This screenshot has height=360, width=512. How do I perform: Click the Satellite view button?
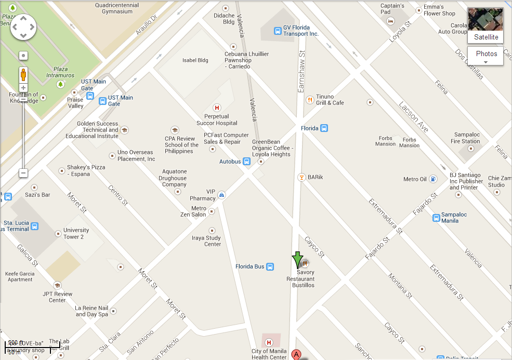[485, 25]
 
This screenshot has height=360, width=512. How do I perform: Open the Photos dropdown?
[486, 56]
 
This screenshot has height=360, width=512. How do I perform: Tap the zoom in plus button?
[23, 88]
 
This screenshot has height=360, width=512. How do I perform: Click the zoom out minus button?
[23, 172]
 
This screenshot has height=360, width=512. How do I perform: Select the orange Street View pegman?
[23, 74]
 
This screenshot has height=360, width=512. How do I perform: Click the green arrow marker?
[297, 259]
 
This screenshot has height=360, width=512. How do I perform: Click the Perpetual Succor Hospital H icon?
[217, 108]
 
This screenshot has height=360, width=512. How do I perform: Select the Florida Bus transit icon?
[270, 266]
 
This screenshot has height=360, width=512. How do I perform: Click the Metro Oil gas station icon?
[433, 179]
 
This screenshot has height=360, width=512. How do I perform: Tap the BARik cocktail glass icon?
[301, 177]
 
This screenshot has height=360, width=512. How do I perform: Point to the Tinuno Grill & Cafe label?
[330, 100]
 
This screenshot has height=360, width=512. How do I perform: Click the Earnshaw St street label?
[301, 72]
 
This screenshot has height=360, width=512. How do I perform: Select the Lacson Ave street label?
[414, 117]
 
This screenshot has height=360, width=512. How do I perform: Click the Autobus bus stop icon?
[247, 162]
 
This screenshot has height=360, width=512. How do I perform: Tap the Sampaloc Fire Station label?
[465, 138]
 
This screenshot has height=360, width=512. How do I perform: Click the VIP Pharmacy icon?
[222, 194]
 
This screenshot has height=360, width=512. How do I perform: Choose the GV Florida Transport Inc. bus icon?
[278, 31]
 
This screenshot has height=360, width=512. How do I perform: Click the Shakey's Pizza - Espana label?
[86, 170]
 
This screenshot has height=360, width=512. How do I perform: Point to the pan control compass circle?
[23, 26]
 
